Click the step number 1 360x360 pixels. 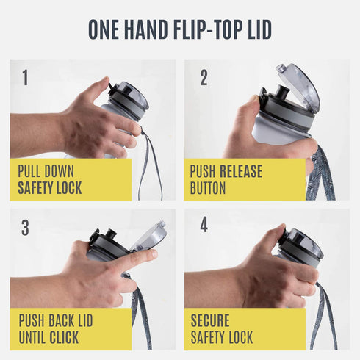tap(25, 78)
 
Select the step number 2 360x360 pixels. tap(204, 78)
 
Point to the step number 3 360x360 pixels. tap(25, 228)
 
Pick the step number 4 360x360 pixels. tap(204, 225)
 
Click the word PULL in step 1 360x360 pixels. tap(29, 171)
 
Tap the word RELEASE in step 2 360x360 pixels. tap(241, 171)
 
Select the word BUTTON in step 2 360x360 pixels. tap(208, 188)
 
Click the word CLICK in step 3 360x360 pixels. tap(64, 337)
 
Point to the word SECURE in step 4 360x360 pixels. tap(210, 320)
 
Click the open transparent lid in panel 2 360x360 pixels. tap(300, 86)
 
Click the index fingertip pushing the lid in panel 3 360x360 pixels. tap(153, 254)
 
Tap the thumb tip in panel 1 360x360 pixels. tap(106, 80)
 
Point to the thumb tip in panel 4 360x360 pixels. tap(281, 228)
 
